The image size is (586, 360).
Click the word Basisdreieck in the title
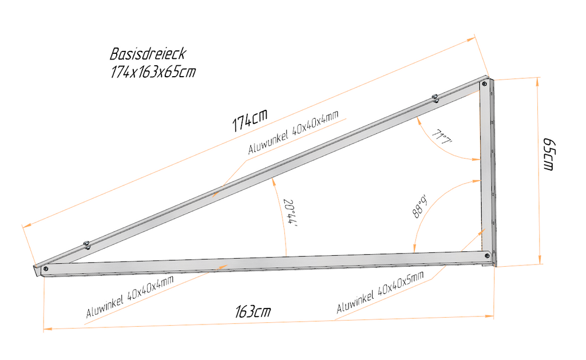click(148, 54)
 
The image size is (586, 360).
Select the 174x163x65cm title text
click(153, 72)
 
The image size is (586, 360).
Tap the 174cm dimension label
click(250, 120)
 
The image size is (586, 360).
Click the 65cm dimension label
click(548, 154)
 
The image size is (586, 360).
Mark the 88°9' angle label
click(419, 208)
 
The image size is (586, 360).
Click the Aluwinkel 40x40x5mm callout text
click(381, 292)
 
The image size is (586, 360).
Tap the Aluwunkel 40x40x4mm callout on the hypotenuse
click(294, 132)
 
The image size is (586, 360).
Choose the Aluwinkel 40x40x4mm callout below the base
click(130, 297)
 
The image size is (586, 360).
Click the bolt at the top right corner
click(485, 84)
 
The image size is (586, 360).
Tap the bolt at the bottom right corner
click(486, 256)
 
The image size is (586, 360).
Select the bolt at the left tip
click(46, 268)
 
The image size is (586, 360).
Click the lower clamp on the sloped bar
click(86, 245)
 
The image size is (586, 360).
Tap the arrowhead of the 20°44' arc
click(274, 182)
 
